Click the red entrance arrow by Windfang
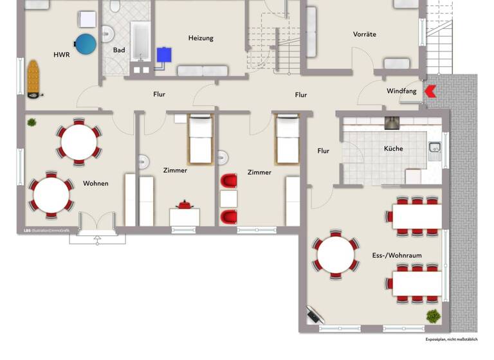[430, 92]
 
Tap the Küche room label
[394, 148]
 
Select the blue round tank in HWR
[86, 44]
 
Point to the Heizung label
[201, 38]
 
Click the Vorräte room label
[364, 34]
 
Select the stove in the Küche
[392, 123]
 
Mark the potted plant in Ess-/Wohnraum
[434, 316]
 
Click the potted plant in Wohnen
[31, 122]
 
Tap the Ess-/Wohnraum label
[397, 255]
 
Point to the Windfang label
[401, 91]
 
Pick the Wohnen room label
[96, 183]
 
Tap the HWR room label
[61, 55]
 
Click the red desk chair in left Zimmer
[185, 205]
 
